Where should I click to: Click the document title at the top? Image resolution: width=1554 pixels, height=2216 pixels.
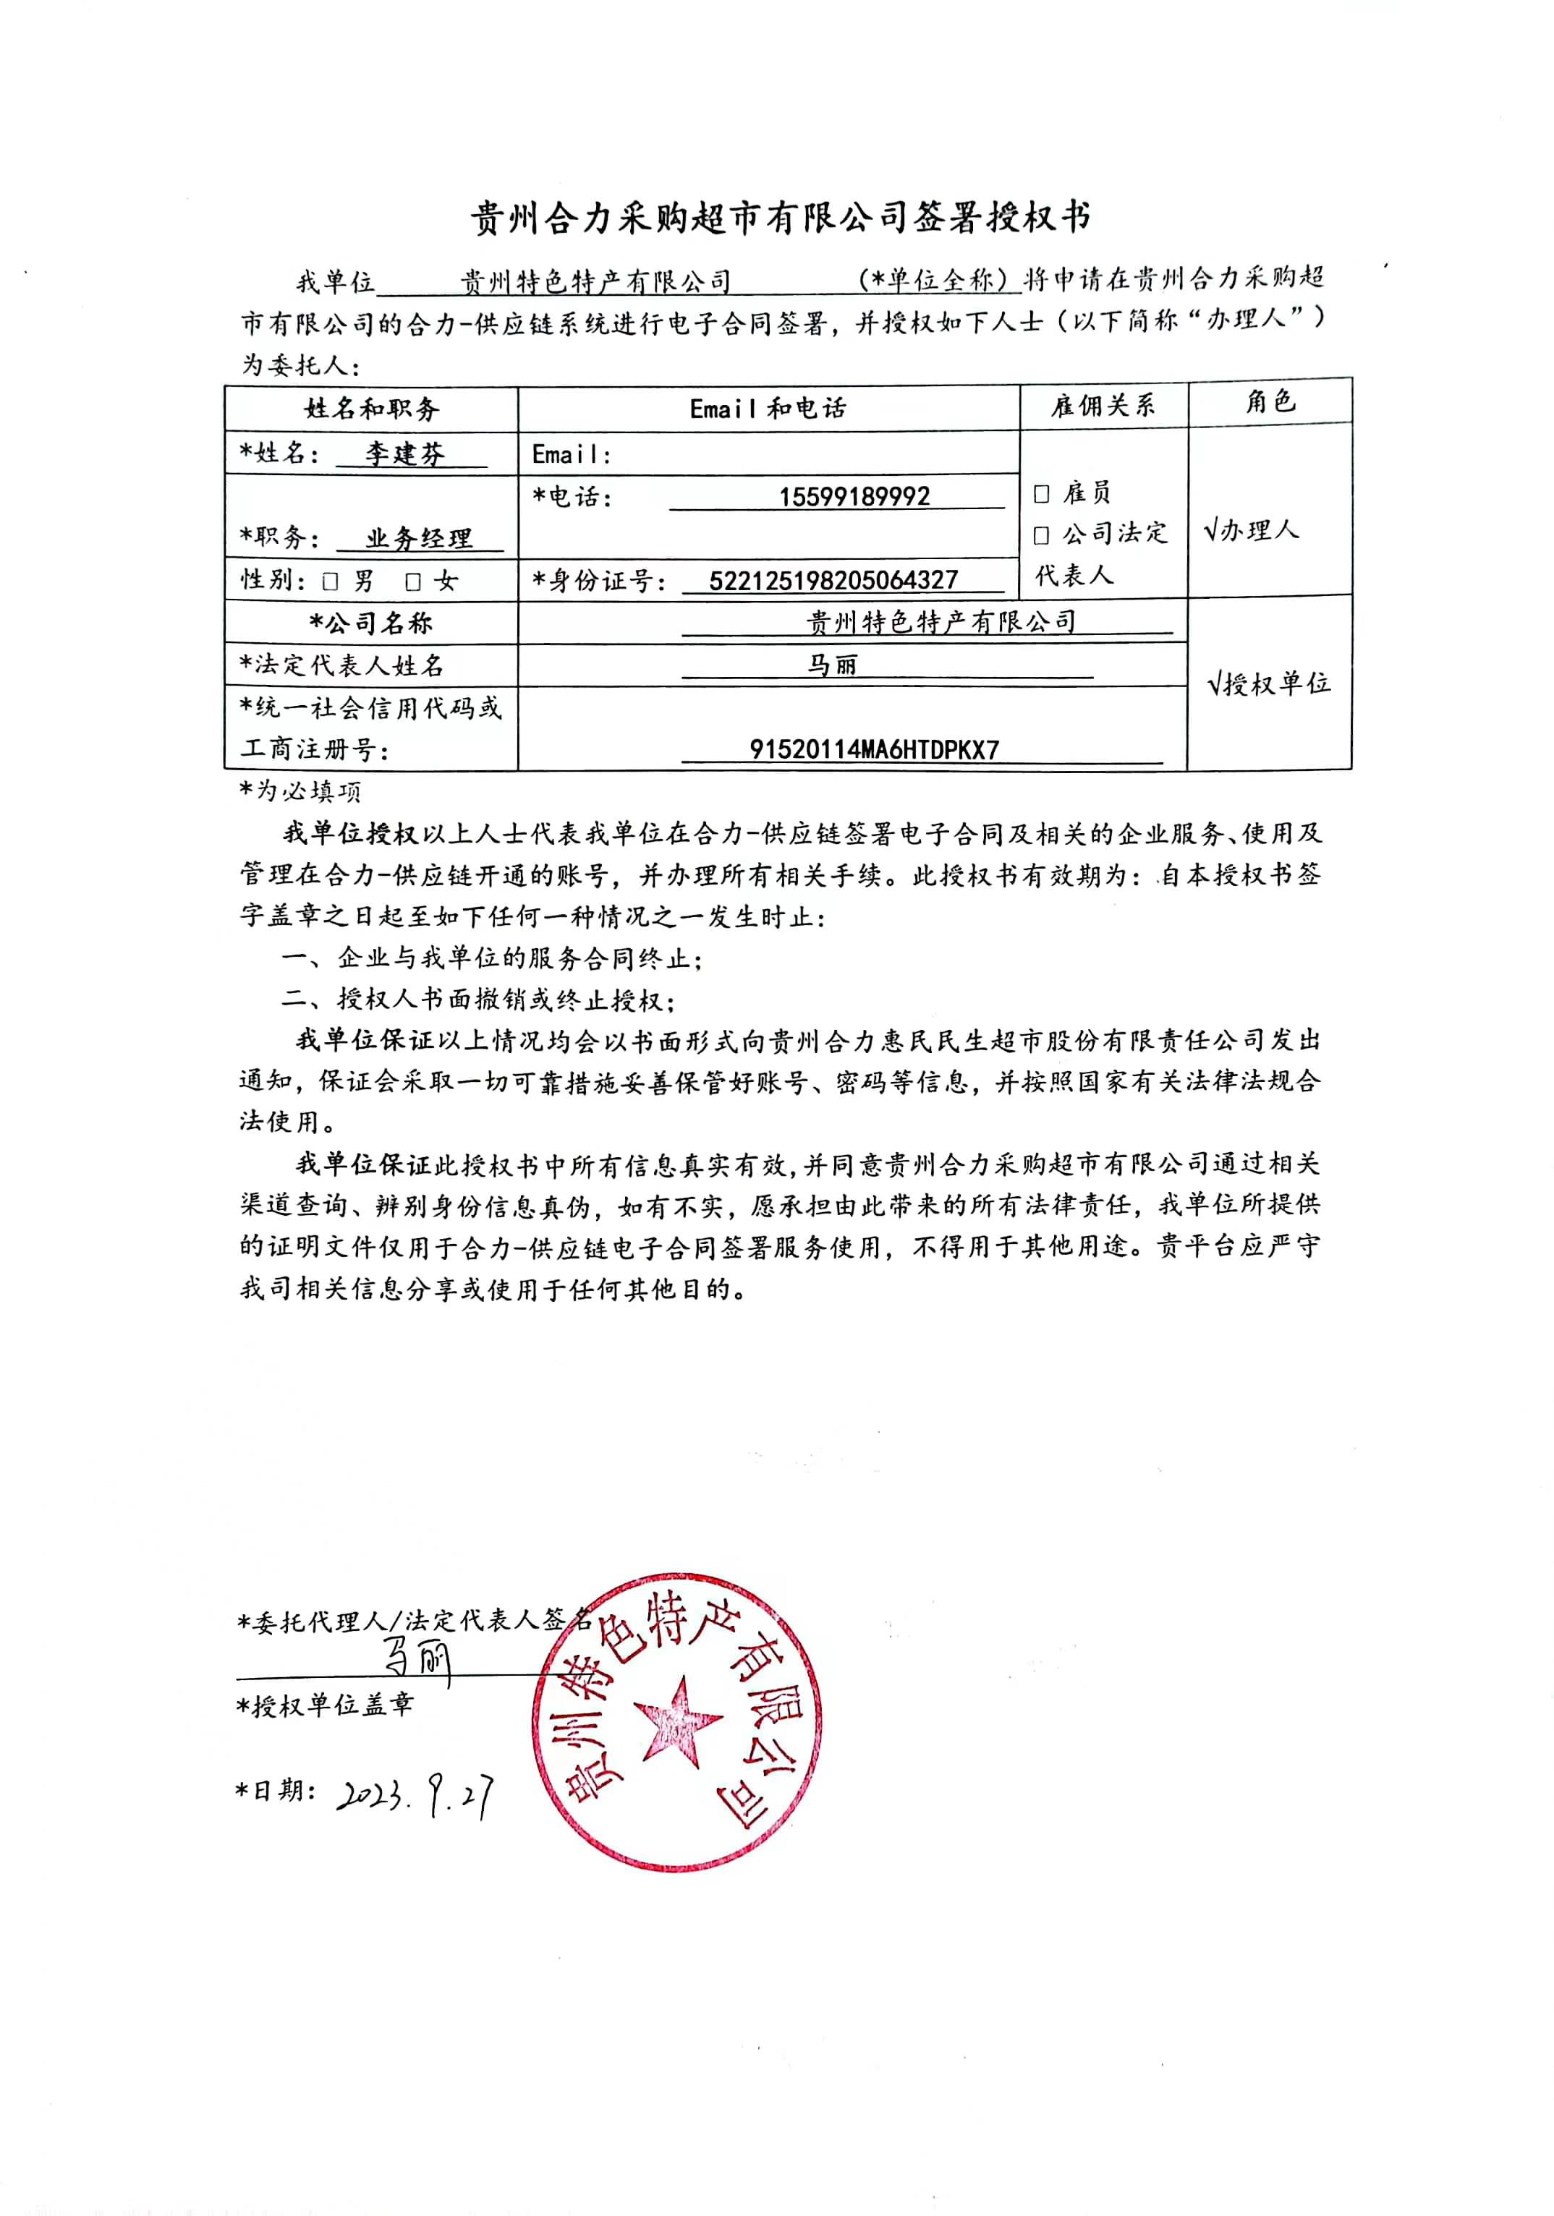[x=780, y=218]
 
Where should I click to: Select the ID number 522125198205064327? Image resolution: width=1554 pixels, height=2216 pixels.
[x=832, y=580]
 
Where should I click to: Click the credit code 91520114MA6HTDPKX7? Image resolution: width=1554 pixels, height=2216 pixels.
[x=873, y=749]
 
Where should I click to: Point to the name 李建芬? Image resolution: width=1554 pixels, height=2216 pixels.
[x=405, y=453]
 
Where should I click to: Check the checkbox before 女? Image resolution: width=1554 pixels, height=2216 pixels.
[x=413, y=581]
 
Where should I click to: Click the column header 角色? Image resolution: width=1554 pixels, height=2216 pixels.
[x=1269, y=402]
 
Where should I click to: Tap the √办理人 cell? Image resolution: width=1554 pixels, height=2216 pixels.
[x=1252, y=530]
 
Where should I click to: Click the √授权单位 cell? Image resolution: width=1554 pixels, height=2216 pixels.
[x=1268, y=684]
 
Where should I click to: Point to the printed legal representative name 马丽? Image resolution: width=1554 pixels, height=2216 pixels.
[x=832, y=665]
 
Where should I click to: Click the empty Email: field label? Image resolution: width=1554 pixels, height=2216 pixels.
[x=572, y=455]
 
